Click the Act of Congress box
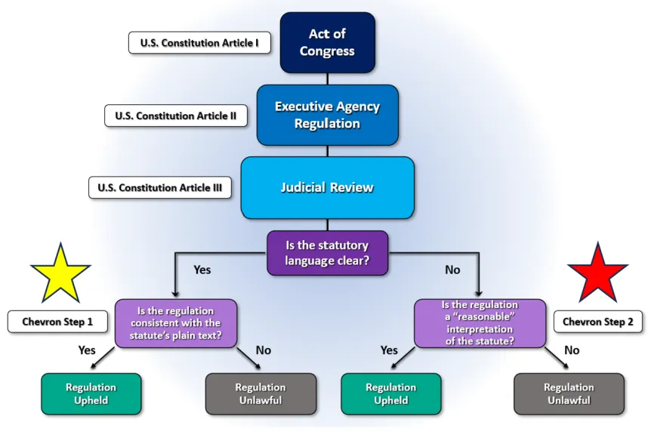(x=328, y=42)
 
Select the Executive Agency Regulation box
(x=328, y=115)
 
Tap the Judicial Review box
(x=328, y=187)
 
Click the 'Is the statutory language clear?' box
(x=328, y=253)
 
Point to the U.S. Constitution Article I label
(x=199, y=43)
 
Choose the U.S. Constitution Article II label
(x=176, y=116)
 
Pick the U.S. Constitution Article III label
(x=160, y=187)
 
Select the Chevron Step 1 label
(x=57, y=322)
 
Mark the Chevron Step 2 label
(x=598, y=322)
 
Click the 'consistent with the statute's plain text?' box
(x=176, y=323)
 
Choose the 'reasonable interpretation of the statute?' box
(x=480, y=323)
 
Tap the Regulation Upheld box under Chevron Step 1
(x=91, y=393)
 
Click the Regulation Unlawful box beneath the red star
(x=569, y=393)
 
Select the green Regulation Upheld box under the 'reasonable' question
(x=391, y=393)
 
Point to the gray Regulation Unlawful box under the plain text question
(x=261, y=393)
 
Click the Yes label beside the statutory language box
(x=202, y=270)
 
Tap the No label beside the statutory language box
(x=452, y=270)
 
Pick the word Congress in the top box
(x=327, y=51)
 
